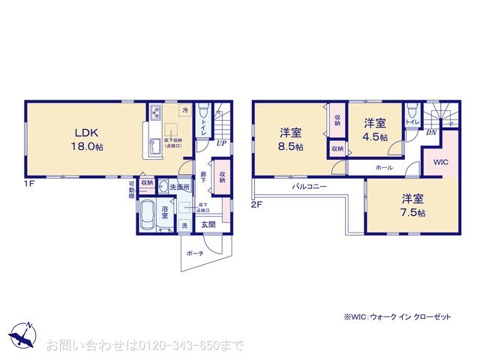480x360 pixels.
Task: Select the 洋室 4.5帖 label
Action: point(374,129)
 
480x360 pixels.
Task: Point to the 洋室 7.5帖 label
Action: point(411,205)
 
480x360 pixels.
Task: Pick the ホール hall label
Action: point(384,167)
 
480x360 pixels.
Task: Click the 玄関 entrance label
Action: point(208,224)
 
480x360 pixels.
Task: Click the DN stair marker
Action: point(431,133)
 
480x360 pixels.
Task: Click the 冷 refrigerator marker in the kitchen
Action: point(184,109)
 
